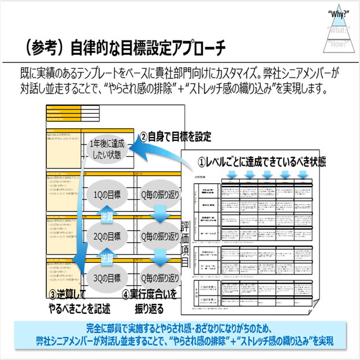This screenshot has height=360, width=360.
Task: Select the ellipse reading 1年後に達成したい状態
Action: [107, 150]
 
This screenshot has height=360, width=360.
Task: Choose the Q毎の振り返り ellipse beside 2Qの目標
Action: [158, 235]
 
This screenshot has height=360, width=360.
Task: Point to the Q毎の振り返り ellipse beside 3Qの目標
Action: [158, 277]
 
